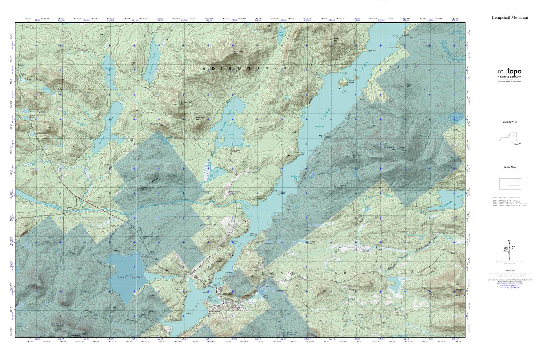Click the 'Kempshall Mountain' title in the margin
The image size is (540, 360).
click(x=510, y=18)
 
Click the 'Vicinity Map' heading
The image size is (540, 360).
click(x=510, y=122)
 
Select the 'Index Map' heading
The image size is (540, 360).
click(x=510, y=167)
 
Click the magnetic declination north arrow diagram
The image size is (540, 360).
click(x=509, y=250)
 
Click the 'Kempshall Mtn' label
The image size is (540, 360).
click(x=390, y=148)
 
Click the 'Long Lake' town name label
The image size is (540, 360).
click(x=226, y=294)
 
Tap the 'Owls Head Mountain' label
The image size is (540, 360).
click(x=56, y=325)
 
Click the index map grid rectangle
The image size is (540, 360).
click(x=509, y=183)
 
